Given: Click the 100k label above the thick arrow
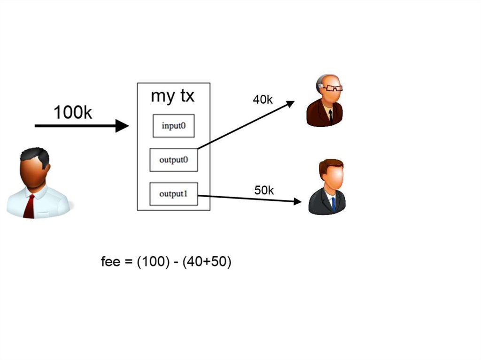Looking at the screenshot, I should pos(73,112).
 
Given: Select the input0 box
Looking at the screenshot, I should pos(173,126).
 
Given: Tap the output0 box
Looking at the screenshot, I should pos(173,160).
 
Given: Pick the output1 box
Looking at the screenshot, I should pos(173,194).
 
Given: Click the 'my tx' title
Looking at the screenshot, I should pos(172,96).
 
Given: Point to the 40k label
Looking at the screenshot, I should pos(263,100).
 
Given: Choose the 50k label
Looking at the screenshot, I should pos(264,190).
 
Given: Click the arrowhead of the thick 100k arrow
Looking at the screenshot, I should pos(123,126).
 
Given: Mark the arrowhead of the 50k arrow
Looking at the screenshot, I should pos(297,202).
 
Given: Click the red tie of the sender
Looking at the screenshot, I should pos(30,207).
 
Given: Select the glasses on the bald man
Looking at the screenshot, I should pos(333,88).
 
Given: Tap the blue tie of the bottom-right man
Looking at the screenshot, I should pos(333,204).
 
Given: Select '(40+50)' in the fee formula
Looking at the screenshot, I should pos(207,262).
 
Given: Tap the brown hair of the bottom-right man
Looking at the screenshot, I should pos(331,165).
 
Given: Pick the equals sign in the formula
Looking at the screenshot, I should pos(127,262).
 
